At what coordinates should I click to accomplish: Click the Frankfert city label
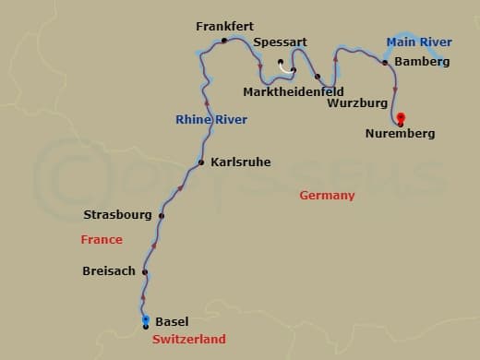[x=224, y=27]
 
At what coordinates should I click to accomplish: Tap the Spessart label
[x=280, y=42]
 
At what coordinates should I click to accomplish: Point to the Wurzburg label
[x=357, y=103]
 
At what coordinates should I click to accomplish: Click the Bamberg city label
[x=422, y=62]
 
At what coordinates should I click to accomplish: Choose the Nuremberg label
[x=399, y=134]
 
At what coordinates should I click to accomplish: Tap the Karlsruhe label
[x=241, y=162]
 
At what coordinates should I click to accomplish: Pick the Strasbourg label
[x=117, y=215]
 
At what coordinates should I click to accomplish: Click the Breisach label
[x=108, y=271]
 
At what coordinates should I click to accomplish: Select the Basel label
[x=172, y=321]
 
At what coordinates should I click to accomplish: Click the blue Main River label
[x=418, y=42]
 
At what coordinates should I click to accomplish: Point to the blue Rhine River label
[x=211, y=120]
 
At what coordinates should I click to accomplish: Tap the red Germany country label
[x=327, y=196]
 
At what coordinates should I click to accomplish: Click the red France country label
[x=101, y=240]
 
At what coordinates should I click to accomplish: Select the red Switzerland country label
[x=188, y=340]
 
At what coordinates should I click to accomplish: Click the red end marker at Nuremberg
[x=401, y=117]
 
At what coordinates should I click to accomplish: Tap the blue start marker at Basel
[x=146, y=319]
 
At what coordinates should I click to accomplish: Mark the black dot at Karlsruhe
[x=200, y=163]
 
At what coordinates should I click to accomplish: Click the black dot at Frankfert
[x=224, y=42]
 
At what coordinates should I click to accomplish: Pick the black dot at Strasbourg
[x=162, y=216]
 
